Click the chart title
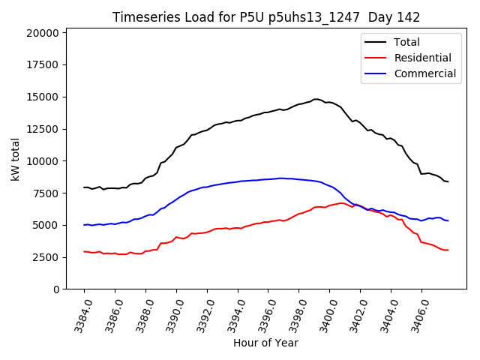point(266,17)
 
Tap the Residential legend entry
point(422,58)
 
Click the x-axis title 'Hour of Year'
point(265,343)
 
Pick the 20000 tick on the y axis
point(41,33)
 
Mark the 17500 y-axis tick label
point(41,65)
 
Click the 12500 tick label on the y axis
point(41,129)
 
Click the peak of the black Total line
point(316,99)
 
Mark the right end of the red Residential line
point(448,250)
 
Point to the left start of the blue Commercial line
point(84,225)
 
